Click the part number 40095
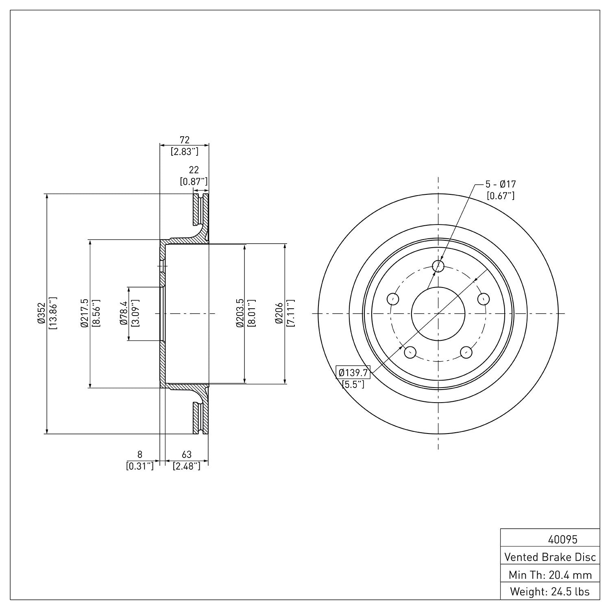[x=563, y=540]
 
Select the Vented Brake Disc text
[x=550, y=557]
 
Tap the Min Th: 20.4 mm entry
[x=550, y=575]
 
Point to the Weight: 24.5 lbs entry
[x=550, y=592]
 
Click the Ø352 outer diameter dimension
[x=41, y=313]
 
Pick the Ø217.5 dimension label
[x=84, y=313]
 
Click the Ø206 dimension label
[x=279, y=313]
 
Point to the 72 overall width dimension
[x=185, y=140]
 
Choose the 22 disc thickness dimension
[x=194, y=170]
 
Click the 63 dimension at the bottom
[x=187, y=454]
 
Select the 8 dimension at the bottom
[x=140, y=454]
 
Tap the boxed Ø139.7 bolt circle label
[x=353, y=372]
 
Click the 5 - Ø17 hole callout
[x=501, y=184]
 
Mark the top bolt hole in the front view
[x=438, y=266]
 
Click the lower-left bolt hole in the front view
[x=410, y=352]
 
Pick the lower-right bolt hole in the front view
[x=466, y=352]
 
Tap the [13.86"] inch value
[x=53, y=313]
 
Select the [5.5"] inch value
[x=353, y=384]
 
